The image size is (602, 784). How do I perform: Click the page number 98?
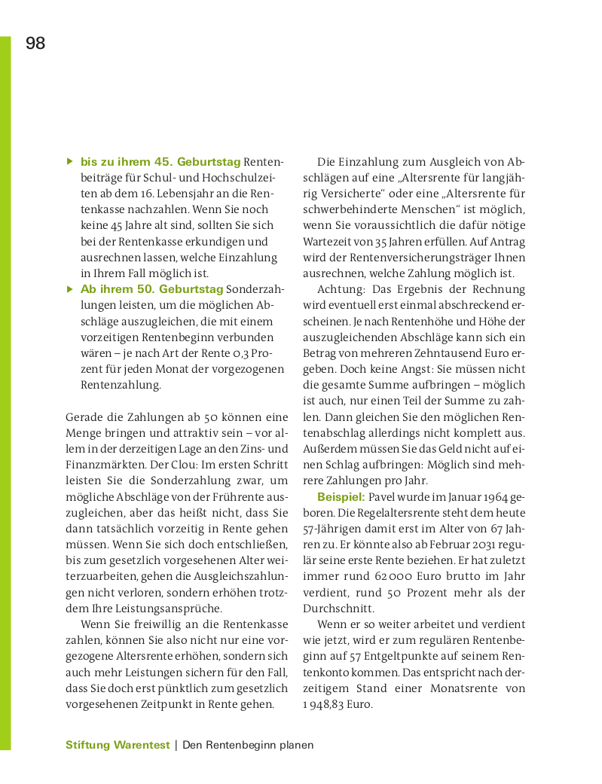tap(35, 44)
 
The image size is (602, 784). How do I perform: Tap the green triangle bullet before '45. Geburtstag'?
tap(69, 161)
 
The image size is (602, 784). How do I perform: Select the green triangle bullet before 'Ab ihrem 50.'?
tap(69, 288)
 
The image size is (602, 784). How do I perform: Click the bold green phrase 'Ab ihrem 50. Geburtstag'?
tap(151, 289)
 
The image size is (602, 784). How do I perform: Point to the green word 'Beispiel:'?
tap(341, 497)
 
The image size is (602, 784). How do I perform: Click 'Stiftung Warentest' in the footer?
tap(118, 745)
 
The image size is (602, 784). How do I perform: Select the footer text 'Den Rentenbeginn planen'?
tap(248, 745)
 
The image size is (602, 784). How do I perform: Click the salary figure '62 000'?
tap(390, 576)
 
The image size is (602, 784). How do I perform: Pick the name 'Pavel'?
tap(384, 497)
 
